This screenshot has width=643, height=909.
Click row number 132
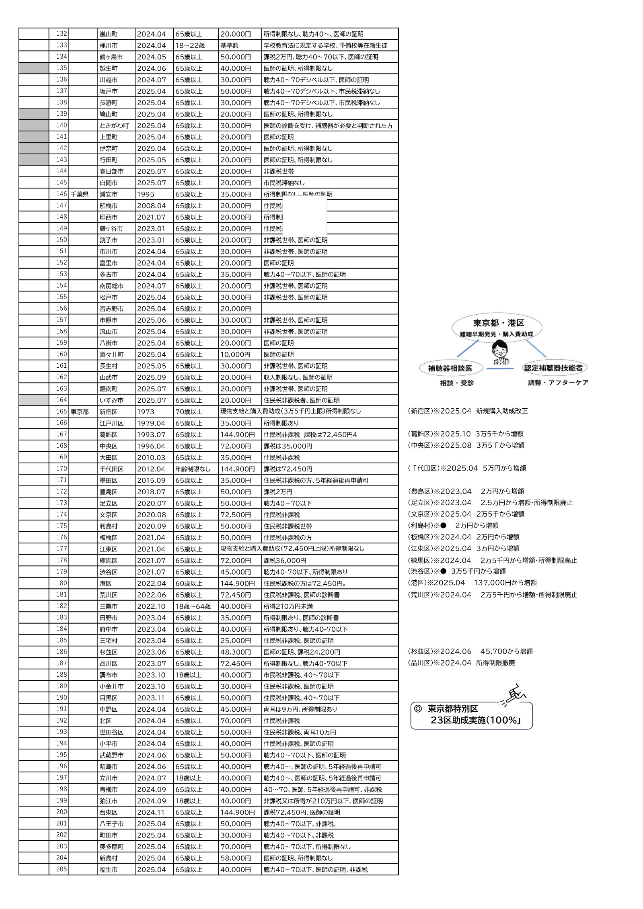point(62,34)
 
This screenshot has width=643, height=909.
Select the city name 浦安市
point(109,194)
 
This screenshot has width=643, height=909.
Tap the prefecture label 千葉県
point(80,194)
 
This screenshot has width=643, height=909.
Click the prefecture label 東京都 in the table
point(80,412)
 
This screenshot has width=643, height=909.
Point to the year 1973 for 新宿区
point(146,412)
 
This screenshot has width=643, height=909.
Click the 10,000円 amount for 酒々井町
point(235,354)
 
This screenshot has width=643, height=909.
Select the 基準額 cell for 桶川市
point(229,45)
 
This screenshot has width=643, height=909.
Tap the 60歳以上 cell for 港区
point(189,583)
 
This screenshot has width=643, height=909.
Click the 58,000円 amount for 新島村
point(235,858)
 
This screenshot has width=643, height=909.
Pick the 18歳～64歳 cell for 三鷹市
point(193,606)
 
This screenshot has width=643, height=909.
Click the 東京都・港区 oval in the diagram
point(497,327)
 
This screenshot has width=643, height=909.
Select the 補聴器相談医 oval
point(450,368)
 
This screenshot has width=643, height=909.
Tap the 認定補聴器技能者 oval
point(553,368)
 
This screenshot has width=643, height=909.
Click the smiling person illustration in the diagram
point(500,352)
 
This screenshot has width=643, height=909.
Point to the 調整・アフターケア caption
point(558,383)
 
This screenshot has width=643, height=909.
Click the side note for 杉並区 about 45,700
point(470,651)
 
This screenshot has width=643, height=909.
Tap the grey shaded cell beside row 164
point(34,400)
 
